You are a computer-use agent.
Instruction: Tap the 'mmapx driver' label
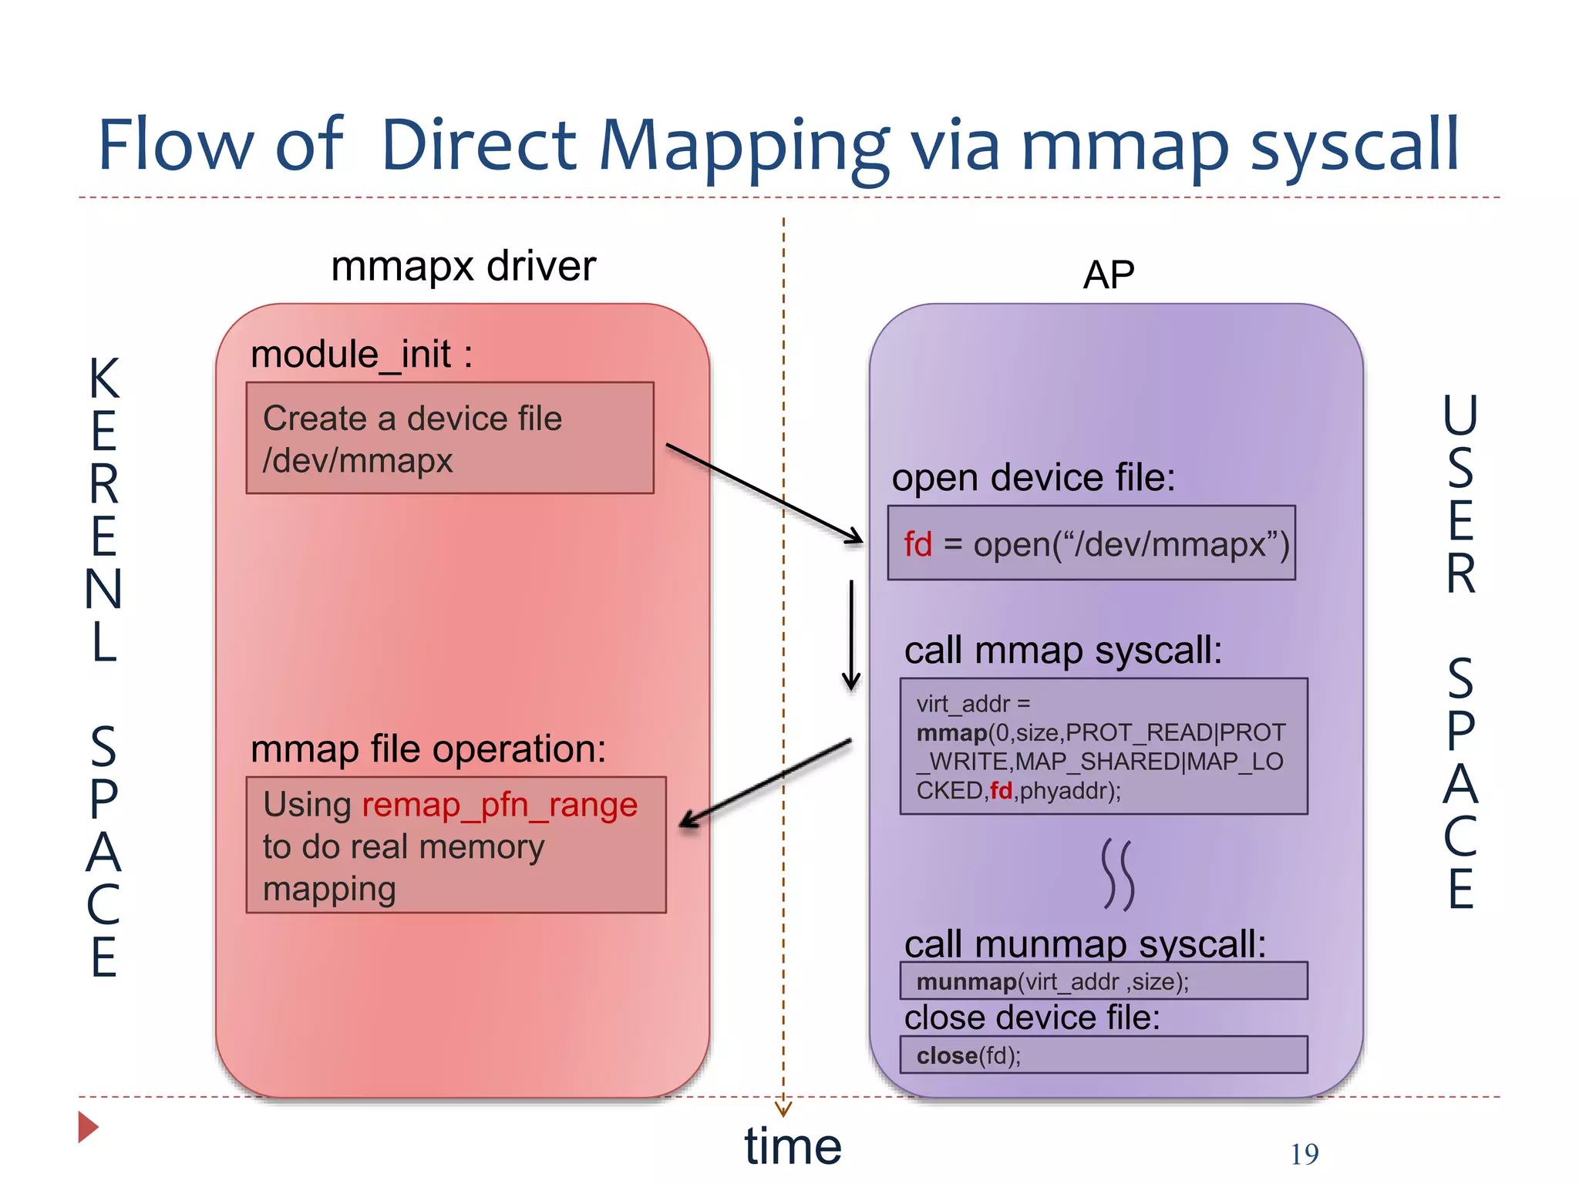tap(463, 267)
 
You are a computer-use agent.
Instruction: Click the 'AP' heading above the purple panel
tap(1108, 274)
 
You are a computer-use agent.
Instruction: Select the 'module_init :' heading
tap(361, 355)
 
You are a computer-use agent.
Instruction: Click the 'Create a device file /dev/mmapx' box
tap(449, 438)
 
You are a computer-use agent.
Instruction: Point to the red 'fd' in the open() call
tap(917, 544)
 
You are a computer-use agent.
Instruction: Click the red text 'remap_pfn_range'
tap(500, 806)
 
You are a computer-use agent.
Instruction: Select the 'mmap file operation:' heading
tap(428, 749)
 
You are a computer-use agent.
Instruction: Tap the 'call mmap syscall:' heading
tap(1062, 651)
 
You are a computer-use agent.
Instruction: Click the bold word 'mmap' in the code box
tap(951, 733)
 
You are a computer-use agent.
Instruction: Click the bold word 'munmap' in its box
tap(966, 982)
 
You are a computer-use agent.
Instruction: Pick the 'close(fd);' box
tap(1103, 1055)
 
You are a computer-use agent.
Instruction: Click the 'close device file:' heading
tap(1032, 1017)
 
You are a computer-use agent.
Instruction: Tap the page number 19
tap(1304, 1154)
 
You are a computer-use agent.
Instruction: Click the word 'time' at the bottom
tap(793, 1146)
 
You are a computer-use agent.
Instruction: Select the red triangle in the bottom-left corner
tap(87, 1127)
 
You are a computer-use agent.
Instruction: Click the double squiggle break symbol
tap(1117, 875)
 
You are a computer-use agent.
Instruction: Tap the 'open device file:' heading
tap(1033, 478)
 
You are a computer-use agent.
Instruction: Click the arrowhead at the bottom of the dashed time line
tap(783, 1109)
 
